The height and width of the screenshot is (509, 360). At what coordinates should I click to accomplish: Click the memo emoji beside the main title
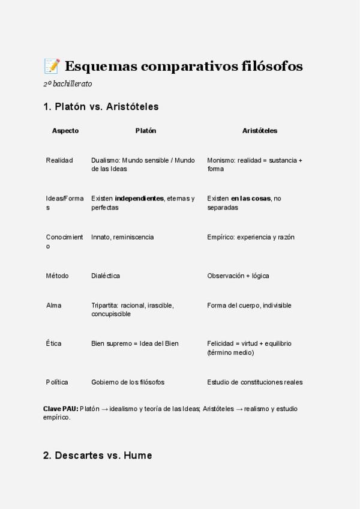pos(52,65)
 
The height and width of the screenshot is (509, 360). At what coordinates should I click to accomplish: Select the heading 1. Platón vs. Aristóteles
pos(101,107)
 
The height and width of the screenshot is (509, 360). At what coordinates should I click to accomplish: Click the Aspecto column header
pos(65,130)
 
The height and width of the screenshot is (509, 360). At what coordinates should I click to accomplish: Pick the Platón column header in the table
pos(145,130)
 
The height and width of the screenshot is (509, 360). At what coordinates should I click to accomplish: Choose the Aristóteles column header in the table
pos(259,130)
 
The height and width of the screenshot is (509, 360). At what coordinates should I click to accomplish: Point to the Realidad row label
pos(59,160)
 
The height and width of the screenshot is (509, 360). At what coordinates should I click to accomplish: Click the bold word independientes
pos(139,199)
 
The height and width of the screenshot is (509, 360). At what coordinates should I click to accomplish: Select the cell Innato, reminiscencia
pos(122,237)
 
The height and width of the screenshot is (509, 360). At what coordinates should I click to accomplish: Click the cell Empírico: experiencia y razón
pos(251,237)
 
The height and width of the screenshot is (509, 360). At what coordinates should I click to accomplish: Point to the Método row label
pos(58,276)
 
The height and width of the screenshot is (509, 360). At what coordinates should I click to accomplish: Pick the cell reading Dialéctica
pos(106,276)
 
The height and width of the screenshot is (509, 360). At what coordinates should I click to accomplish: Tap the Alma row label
pos(53,305)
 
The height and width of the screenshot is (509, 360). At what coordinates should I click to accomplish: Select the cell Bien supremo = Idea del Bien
pos(135,343)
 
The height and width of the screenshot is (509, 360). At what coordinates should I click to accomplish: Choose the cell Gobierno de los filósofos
pos(128,382)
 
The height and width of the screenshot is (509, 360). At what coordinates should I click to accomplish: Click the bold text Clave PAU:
pos(60,409)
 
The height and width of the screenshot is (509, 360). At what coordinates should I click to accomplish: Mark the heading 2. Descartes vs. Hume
pos(97,456)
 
